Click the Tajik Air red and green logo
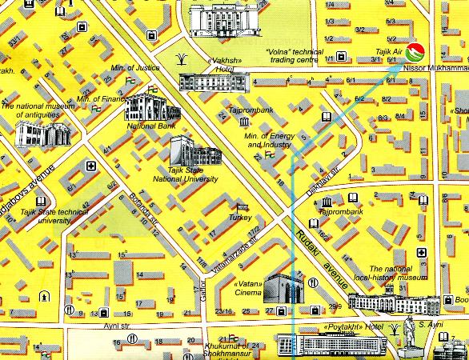(415, 54)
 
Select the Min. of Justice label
(137, 67)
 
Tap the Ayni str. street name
(117, 326)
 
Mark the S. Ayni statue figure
(408, 336)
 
